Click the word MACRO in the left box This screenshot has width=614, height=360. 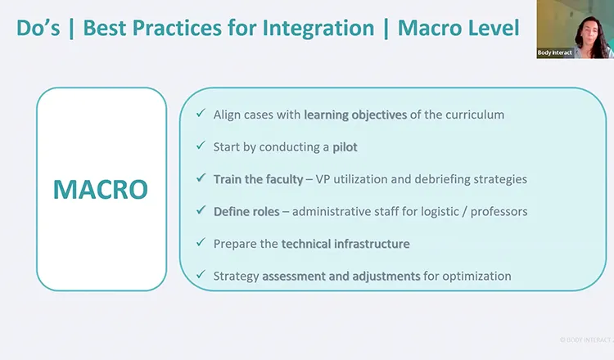pyautogui.click(x=101, y=189)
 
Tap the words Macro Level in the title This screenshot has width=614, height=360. pyautogui.click(x=458, y=28)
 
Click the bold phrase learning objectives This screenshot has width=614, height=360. pyautogui.click(x=355, y=115)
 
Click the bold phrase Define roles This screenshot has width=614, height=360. pyautogui.click(x=246, y=211)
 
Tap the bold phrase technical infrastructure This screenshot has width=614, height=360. pyautogui.click(x=345, y=243)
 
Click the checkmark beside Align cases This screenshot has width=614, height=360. pyautogui.click(x=200, y=115)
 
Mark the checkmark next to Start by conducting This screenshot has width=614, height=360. pyautogui.click(x=200, y=146)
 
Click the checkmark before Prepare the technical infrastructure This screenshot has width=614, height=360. pyautogui.click(x=200, y=243)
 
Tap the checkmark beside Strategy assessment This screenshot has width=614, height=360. pyautogui.click(x=200, y=276)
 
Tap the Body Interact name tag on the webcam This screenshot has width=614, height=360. pyautogui.click(x=554, y=52)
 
